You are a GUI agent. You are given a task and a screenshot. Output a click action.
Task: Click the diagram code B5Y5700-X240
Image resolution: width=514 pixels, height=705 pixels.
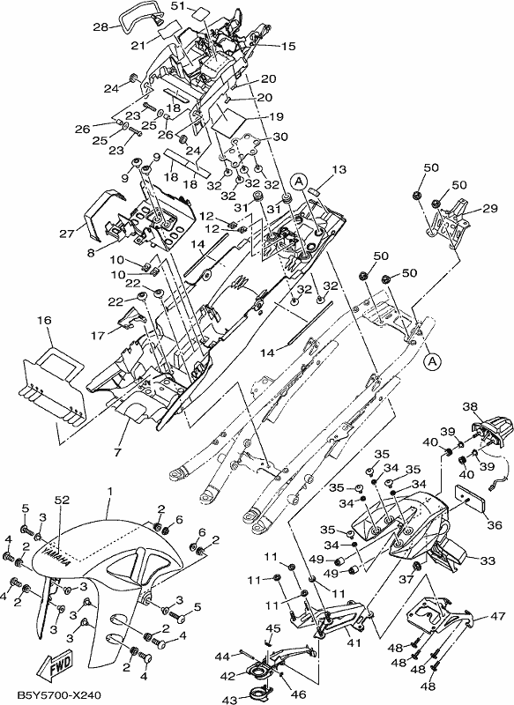click(x=52, y=695)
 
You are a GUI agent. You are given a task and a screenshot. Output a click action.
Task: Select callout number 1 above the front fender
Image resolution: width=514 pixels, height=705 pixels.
click(x=108, y=491)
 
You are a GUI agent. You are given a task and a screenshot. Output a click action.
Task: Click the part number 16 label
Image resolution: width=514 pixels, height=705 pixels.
click(x=44, y=320)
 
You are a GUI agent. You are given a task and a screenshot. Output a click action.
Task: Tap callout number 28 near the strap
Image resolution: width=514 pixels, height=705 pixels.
click(x=100, y=27)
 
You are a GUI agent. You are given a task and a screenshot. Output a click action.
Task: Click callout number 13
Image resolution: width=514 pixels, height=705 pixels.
click(x=339, y=169)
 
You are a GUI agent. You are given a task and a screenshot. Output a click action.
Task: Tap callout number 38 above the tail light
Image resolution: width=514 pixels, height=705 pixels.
click(x=470, y=407)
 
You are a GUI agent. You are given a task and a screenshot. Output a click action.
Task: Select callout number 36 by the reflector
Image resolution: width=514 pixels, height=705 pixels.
click(x=495, y=524)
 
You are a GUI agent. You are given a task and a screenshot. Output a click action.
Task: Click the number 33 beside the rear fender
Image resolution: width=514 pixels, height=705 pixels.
click(x=488, y=560)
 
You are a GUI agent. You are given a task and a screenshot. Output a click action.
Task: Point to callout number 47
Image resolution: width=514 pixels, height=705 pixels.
click(x=498, y=616)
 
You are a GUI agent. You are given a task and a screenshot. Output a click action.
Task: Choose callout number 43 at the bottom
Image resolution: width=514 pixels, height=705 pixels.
click(x=231, y=700)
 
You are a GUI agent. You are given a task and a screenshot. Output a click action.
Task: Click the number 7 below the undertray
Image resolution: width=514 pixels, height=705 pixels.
click(x=118, y=452)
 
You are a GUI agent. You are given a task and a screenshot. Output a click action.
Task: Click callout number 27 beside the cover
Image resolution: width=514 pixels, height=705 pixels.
click(x=66, y=234)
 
